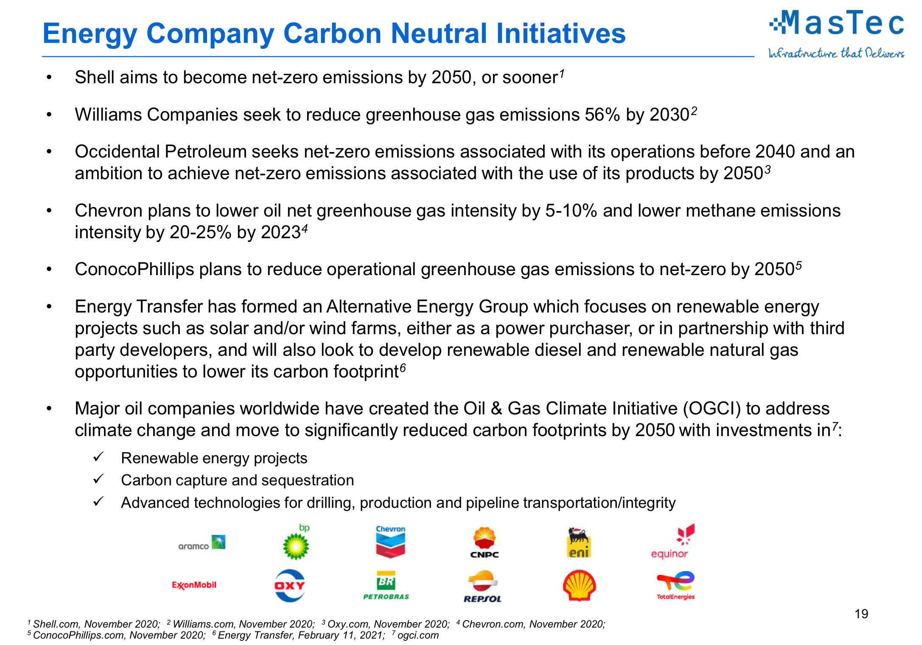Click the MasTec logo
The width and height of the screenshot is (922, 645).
pyautogui.click(x=836, y=34)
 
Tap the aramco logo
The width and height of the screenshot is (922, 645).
pyautogui.click(x=202, y=542)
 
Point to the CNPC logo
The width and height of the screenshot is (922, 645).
pyautogui.click(x=485, y=543)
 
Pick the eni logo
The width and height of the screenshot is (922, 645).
pyautogui.click(x=579, y=542)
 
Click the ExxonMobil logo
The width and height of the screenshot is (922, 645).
pyautogui.click(x=194, y=585)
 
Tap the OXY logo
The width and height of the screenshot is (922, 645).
pyautogui.click(x=290, y=586)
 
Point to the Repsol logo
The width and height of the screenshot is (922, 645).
pyautogui.click(x=483, y=586)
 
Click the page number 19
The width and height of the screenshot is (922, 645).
pyautogui.click(x=861, y=614)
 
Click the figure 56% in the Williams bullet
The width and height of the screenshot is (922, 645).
pyautogui.click(x=603, y=115)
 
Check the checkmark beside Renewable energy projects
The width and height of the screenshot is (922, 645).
pyautogui.click(x=98, y=457)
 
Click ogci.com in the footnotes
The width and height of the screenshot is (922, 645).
pyautogui.click(x=418, y=635)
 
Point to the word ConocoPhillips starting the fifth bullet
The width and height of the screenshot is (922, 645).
pyautogui.click(x=135, y=269)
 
